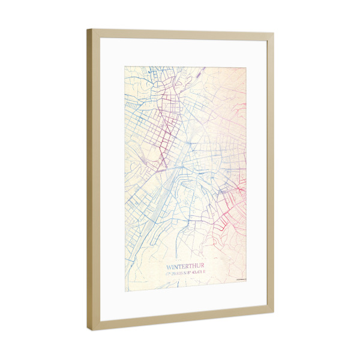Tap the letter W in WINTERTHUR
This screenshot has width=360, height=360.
(x=169, y=266)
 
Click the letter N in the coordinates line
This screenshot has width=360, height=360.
(x=186, y=274)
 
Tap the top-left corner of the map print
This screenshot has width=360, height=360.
(x=125, y=65)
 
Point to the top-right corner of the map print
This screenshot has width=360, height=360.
(x=247, y=67)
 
